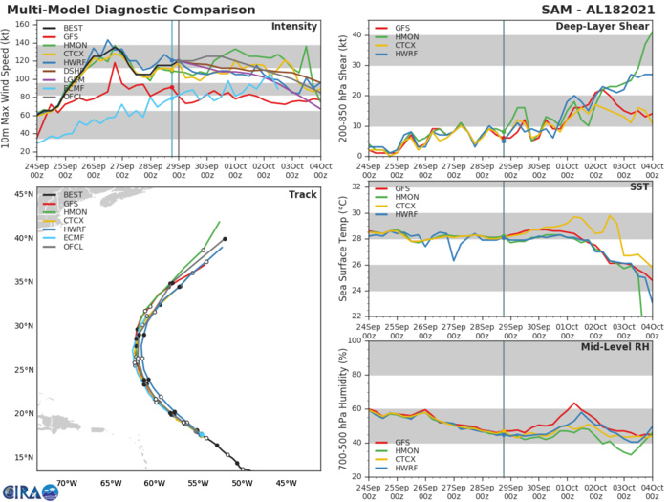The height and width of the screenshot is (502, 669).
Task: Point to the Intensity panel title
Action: [294, 26]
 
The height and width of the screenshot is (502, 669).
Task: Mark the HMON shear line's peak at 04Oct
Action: [653, 32]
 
